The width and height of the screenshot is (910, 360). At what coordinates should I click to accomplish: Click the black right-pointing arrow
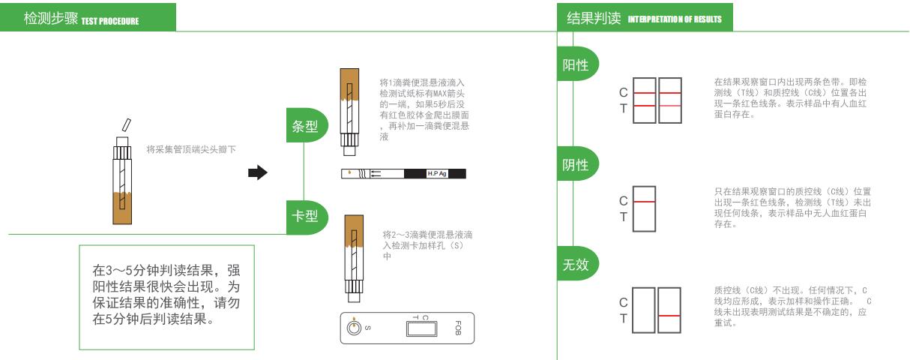(258, 172)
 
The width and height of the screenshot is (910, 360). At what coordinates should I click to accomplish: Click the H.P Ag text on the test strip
(437, 173)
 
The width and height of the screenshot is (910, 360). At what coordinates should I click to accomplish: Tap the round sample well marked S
(354, 327)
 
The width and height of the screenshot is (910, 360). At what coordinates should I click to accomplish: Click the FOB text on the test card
(458, 328)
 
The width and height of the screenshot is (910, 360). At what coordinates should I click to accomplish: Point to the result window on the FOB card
(422, 328)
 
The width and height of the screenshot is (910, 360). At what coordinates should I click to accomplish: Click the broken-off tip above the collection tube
(127, 124)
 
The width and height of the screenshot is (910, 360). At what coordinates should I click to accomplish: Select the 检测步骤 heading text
(51, 18)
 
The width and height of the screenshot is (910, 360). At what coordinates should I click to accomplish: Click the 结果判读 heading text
(594, 18)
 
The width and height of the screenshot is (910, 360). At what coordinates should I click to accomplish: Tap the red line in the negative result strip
(645, 202)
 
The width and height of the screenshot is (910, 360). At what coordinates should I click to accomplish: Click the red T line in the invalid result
(669, 316)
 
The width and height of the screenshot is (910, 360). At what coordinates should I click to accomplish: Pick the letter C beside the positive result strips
(623, 93)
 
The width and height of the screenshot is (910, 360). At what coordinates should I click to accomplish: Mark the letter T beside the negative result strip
(623, 217)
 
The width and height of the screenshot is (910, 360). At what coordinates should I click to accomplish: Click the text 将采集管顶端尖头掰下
(191, 149)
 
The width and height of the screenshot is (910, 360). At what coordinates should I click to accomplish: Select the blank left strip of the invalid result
(643, 310)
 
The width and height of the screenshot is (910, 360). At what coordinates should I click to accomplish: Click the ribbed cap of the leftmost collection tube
(122, 153)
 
